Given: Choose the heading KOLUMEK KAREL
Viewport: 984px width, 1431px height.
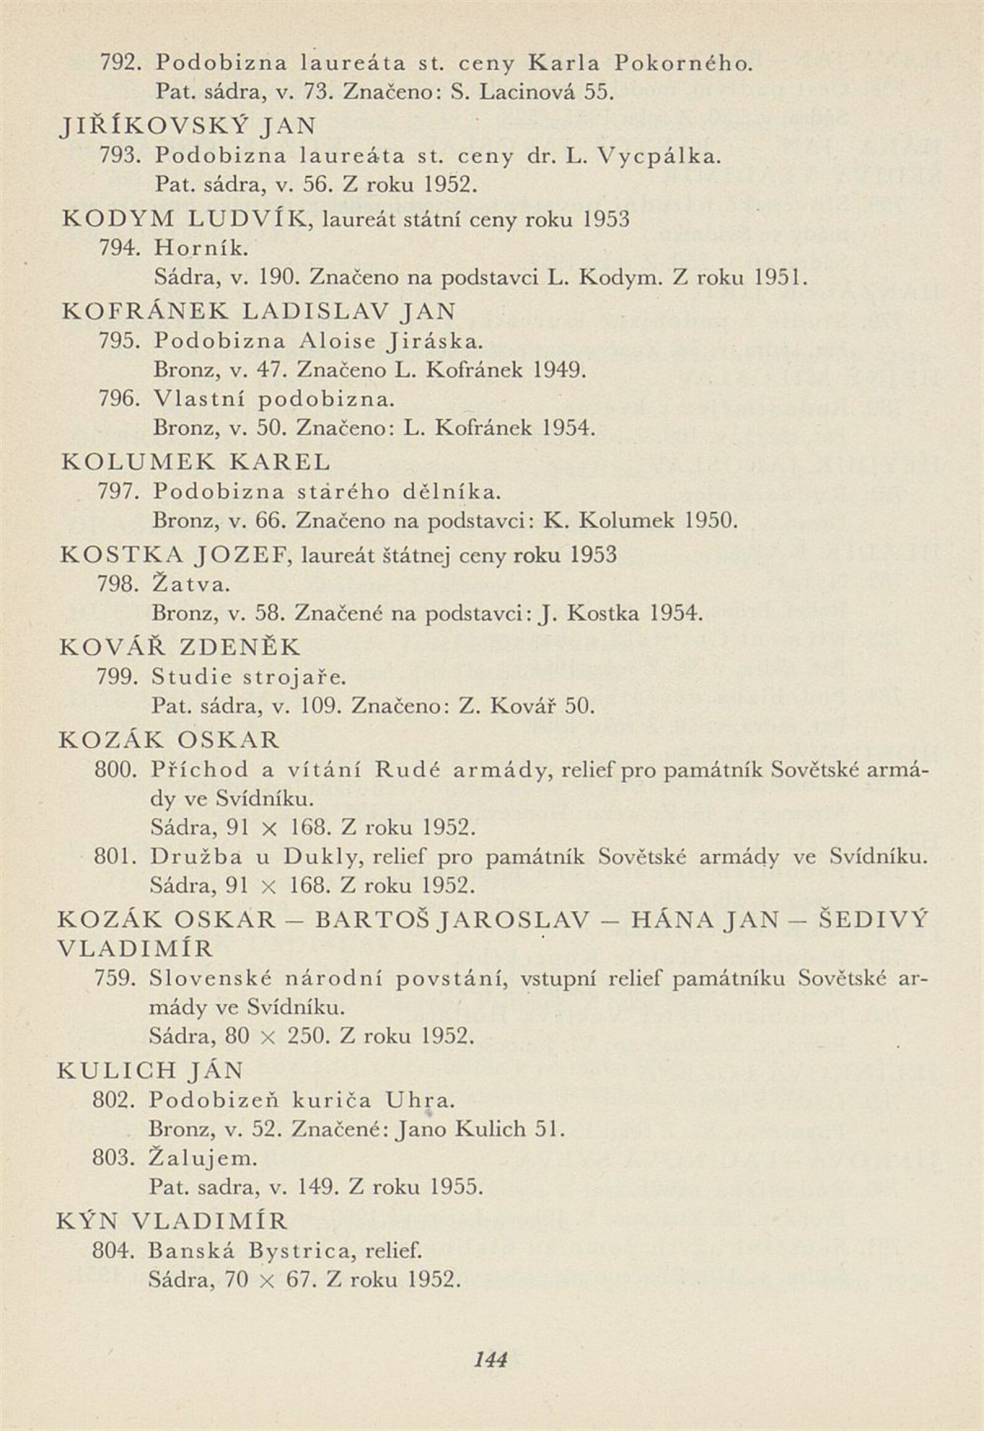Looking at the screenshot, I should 196,461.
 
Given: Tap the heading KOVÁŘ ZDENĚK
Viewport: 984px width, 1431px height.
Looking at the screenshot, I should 181,647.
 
